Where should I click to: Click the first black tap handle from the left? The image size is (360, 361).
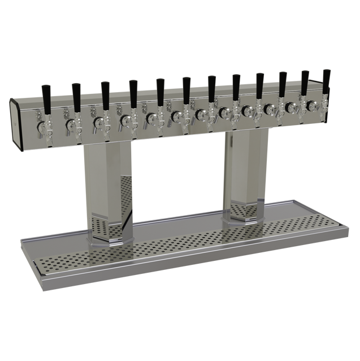(x=46, y=95)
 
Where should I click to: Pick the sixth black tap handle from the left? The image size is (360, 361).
(x=186, y=87)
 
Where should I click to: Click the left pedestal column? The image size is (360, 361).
(x=107, y=181)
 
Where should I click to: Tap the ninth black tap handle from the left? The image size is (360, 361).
(x=259, y=83)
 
